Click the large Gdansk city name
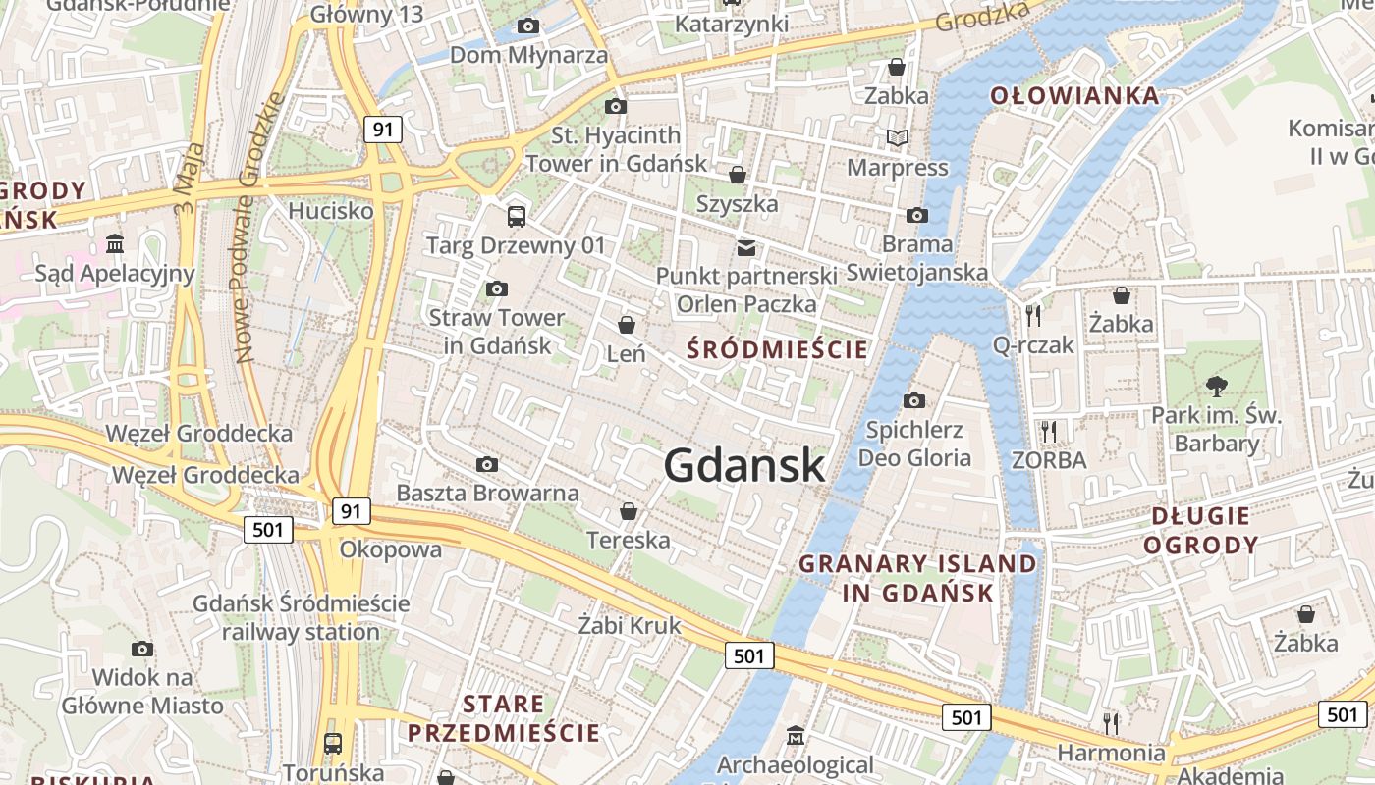point(744,464)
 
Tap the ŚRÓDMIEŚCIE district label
point(777,349)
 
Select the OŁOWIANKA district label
point(1074,96)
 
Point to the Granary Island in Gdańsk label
point(917,578)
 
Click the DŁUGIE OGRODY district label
point(1200,530)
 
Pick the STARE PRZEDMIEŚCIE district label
point(504,718)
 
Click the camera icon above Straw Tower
point(497,288)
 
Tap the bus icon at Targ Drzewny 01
point(517,216)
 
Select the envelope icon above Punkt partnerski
point(746,247)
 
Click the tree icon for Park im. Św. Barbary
point(1216,386)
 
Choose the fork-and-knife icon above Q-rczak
point(1032,315)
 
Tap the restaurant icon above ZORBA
point(1049,430)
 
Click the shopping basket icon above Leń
point(627,324)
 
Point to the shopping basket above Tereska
point(629,511)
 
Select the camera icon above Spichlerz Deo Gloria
point(914,400)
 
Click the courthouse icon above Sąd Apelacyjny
point(115,243)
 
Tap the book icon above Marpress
point(897,138)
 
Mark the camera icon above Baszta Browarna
point(486,464)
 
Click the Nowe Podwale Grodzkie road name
point(258,228)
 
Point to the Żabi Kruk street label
point(629,625)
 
